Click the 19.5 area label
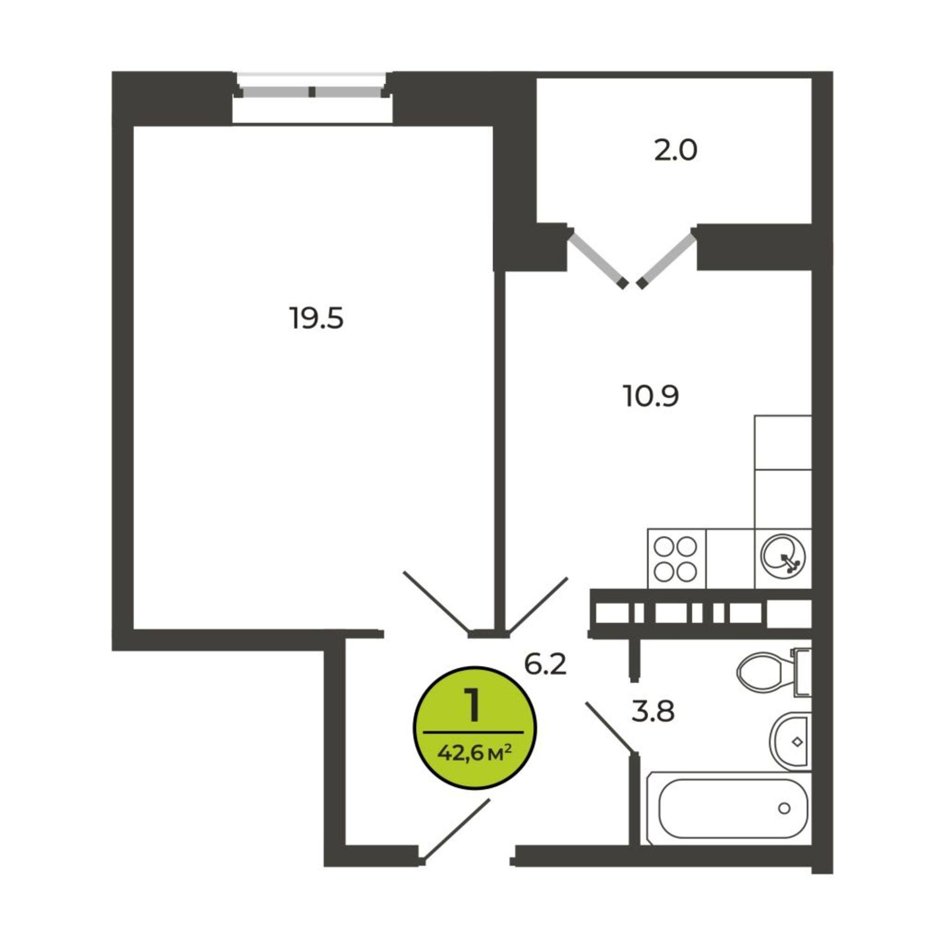(x=317, y=318)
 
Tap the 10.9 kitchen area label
(x=651, y=396)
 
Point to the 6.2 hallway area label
(x=545, y=664)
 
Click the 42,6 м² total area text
(x=474, y=764)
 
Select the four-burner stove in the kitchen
(x=677, y=558)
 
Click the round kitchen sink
(x=783, y=558)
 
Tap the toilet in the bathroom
(x=773, y=671)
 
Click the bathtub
(x=729, y=816)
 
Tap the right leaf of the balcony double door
(x=666, y=259)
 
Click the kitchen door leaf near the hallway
(x=538, y=605)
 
